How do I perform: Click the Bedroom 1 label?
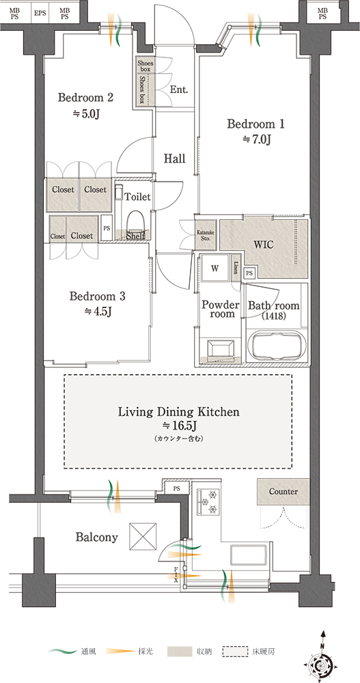[x=256, y=124]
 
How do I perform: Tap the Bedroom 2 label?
[x=86, y=97]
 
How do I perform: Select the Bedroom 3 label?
[x=98, y=296]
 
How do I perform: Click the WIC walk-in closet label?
[x=264, y=245]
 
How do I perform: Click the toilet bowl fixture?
[x=135, y=221]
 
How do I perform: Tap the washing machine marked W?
[x=215, y=268]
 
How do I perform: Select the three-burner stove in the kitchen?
[x=209, y=502]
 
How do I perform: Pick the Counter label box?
[x=283, y=492]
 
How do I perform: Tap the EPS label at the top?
[x=40, y=13]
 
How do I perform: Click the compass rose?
[x=322, y=663]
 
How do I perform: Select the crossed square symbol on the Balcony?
[x=143, y=536]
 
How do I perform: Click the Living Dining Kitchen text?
[x=179, y=412]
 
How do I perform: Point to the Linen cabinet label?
[x=236, y=267]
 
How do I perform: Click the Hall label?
[x=174, y=158]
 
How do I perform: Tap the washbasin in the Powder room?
[x=221, y=348]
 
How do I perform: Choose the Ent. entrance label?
[x=179, y=90]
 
